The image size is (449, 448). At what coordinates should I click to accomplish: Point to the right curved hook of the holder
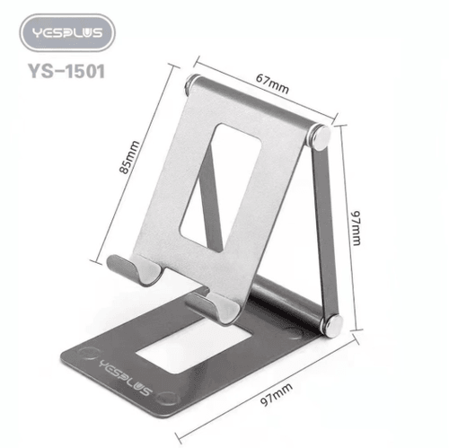click(218, 304)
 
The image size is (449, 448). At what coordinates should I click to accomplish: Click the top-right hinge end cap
click(321, 137)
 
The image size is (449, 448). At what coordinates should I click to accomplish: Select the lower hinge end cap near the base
click(333, 324)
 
